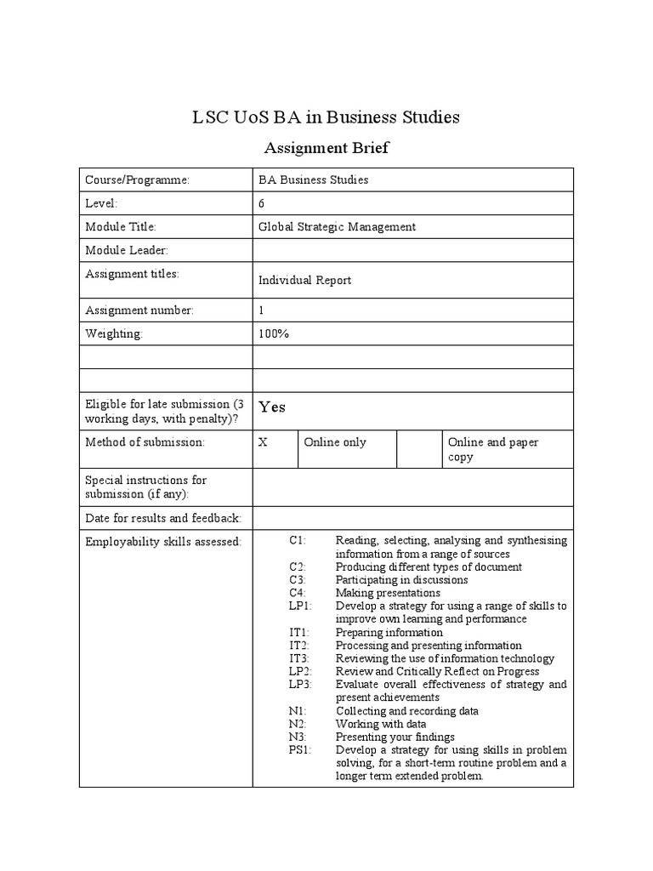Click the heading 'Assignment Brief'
click(x=326, y=148)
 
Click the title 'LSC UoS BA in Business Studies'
click(x=326, y=117)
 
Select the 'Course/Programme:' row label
click(x=137, y=180)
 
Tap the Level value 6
click(x=262, y=203)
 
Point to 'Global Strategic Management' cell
click(x=337, y=226)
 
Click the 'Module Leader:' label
click(x=127, y=250)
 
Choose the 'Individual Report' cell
click(x=304, y=280)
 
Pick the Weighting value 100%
click(x=274, y=333)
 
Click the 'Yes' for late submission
click(x=272, y=407)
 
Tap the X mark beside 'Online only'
click(x=264, y=442)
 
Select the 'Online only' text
click(x=335, y=442)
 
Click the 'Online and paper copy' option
click(x=493, y=449)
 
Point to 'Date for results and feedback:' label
click(x=163, y=518)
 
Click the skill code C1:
click(x=298, y=540)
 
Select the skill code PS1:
click(x=300, y=750)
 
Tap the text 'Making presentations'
click(x=388, y=593)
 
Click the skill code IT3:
click(x=299, y=658)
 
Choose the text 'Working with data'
click(x=381, y=724)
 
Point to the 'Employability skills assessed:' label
click(x=163, y=541)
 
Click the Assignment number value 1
click(x=262, y=310)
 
